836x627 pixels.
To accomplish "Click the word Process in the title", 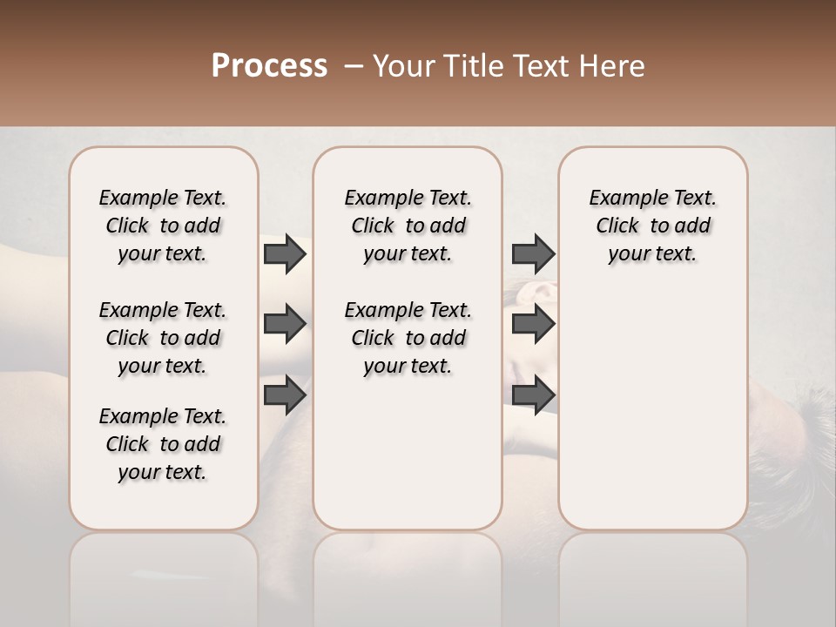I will pyautogui.click(x=269, y=66).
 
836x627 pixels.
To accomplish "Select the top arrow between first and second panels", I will pyautogui.click(x=285, y=253).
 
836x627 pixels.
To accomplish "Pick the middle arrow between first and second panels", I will pyautogui.click(x=285, y=325).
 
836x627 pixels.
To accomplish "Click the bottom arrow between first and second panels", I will pyautogui.click(x=285, y=395).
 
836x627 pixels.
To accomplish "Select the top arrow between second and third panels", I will pyautogui.click(x=533, y=253).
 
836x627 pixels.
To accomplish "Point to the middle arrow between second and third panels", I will pyautogui.click(x=533, y=325).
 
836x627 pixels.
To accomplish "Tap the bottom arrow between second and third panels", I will pyautogui.click(x=533, y=395).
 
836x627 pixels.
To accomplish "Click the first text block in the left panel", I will pyautogui.click(x=163, y=226).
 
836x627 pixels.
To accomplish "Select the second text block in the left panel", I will pyautogui.click(x=163, y=338).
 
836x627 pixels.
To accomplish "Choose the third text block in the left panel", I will pyautogui.click(x=163, y=444).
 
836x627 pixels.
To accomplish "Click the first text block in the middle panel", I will pyautogui.click(x=408, y=226).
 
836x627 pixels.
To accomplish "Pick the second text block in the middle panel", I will pyautogui.click(x=408, y=338).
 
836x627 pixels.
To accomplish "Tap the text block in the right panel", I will pyautogui.click(x=652, y=226).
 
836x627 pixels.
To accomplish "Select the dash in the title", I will pyautogui.click(x=354, y=66).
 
